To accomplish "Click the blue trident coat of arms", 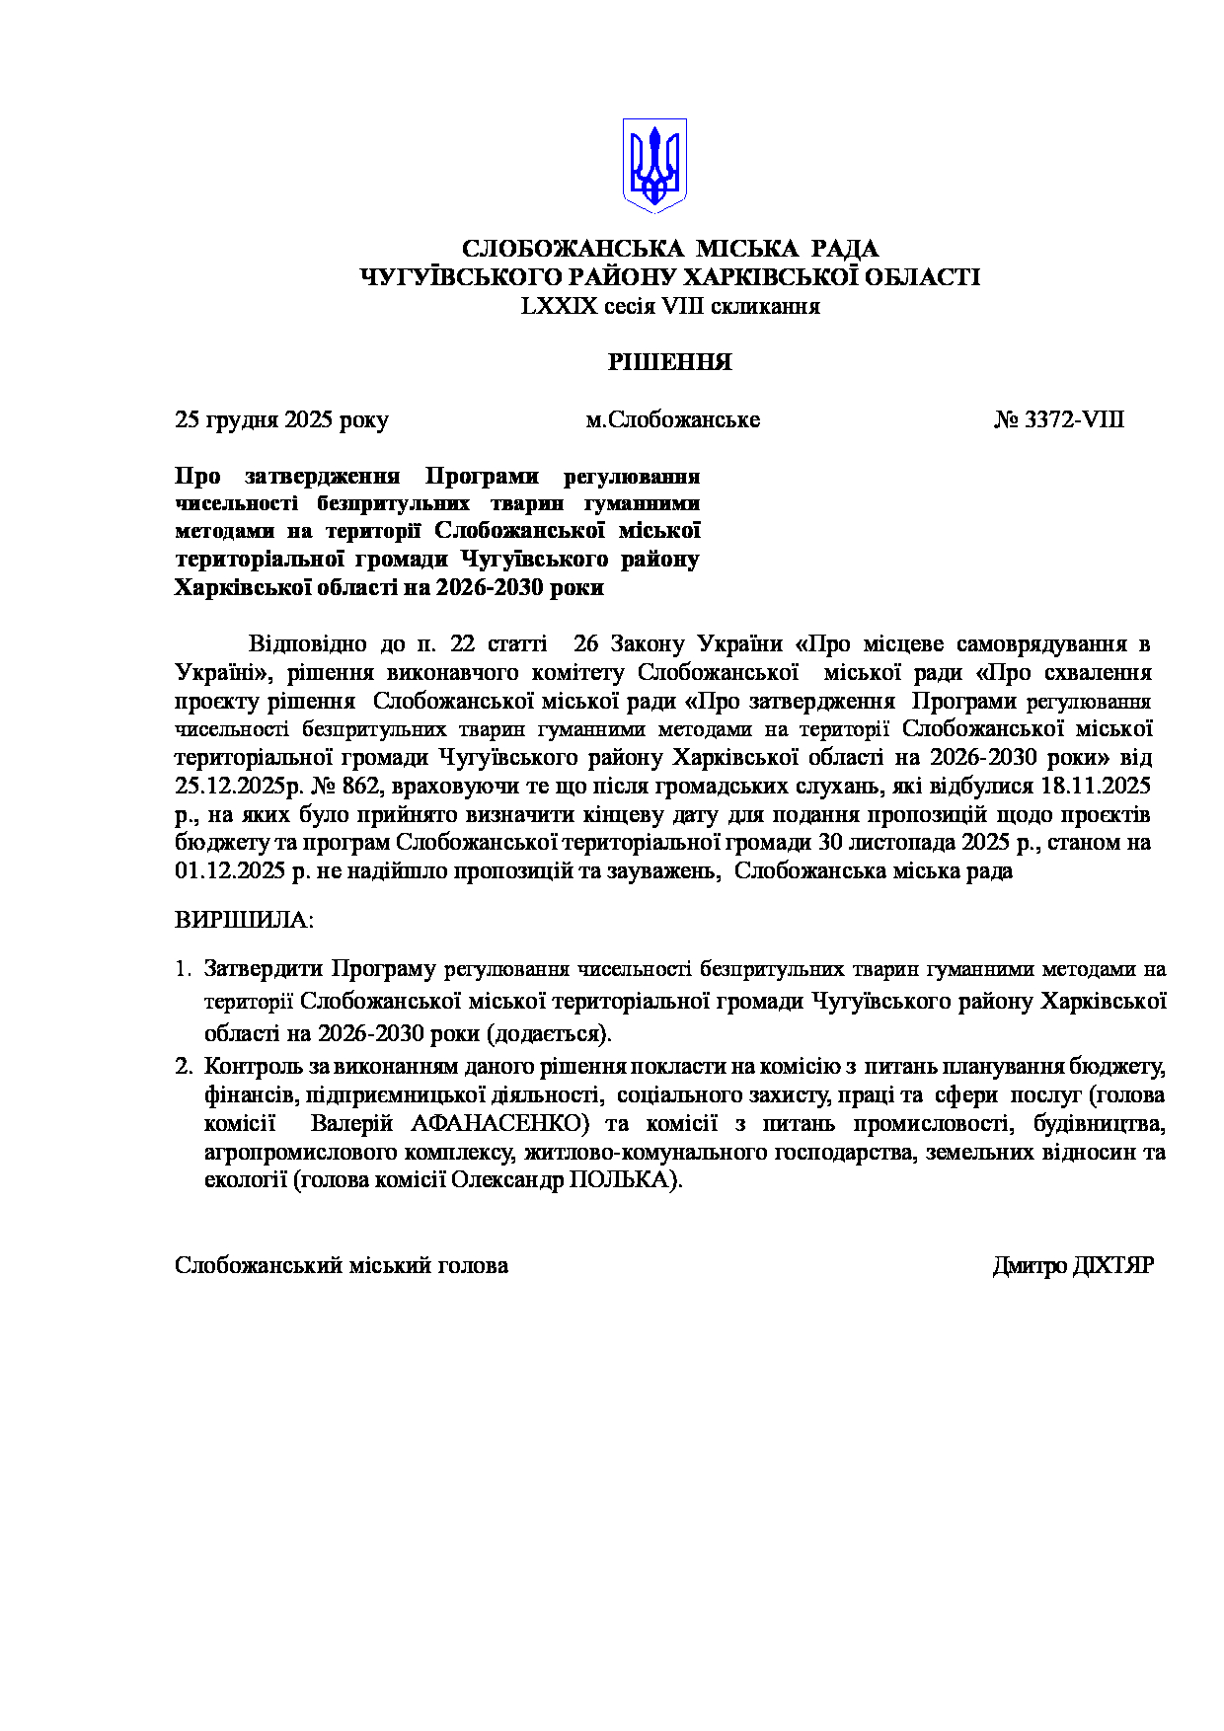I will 653,165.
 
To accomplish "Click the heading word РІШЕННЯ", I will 669,362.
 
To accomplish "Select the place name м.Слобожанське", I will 672,419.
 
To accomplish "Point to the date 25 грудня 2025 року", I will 281,419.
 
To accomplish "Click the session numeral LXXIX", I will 560,306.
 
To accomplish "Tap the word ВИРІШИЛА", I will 243,920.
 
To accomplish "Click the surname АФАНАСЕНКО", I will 498,1123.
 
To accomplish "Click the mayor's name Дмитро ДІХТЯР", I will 1072,1265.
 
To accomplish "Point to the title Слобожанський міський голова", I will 342,1265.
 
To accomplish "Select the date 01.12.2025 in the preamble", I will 223,871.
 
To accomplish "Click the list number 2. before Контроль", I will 183,1067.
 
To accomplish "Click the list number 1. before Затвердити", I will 183,969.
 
